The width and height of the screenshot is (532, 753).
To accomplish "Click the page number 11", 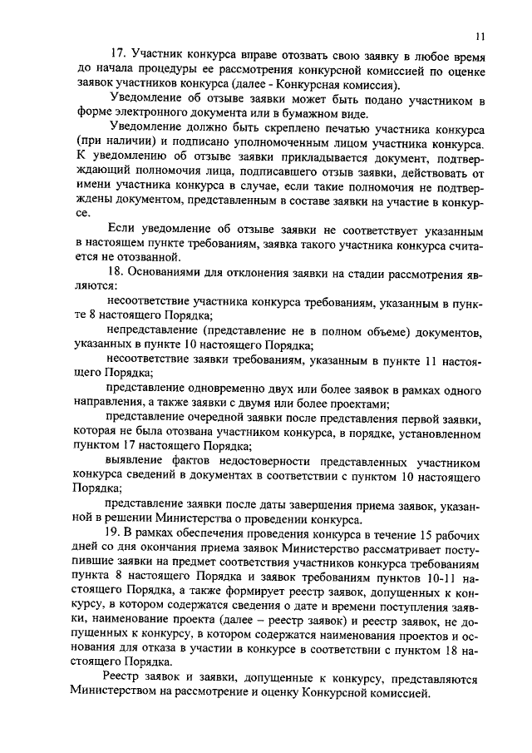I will pos(481,37).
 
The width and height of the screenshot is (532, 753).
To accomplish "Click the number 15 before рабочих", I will pos(413,531).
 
